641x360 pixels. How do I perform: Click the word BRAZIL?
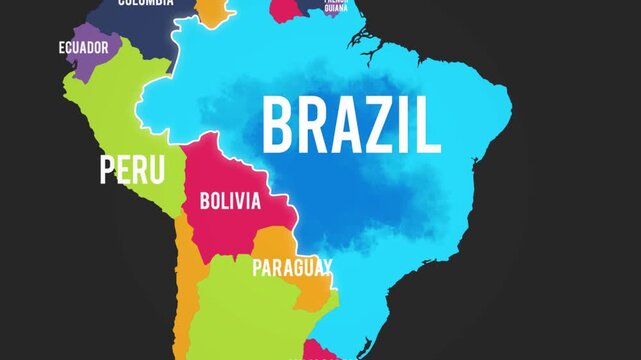350,126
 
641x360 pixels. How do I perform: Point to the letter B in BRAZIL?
278,126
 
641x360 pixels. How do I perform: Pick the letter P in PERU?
108,169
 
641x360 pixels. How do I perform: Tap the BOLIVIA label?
230,201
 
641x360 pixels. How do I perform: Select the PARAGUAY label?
292,267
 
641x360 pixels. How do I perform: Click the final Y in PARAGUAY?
326,267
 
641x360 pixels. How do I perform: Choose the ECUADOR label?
83,47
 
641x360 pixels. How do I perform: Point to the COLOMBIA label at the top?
145,3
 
